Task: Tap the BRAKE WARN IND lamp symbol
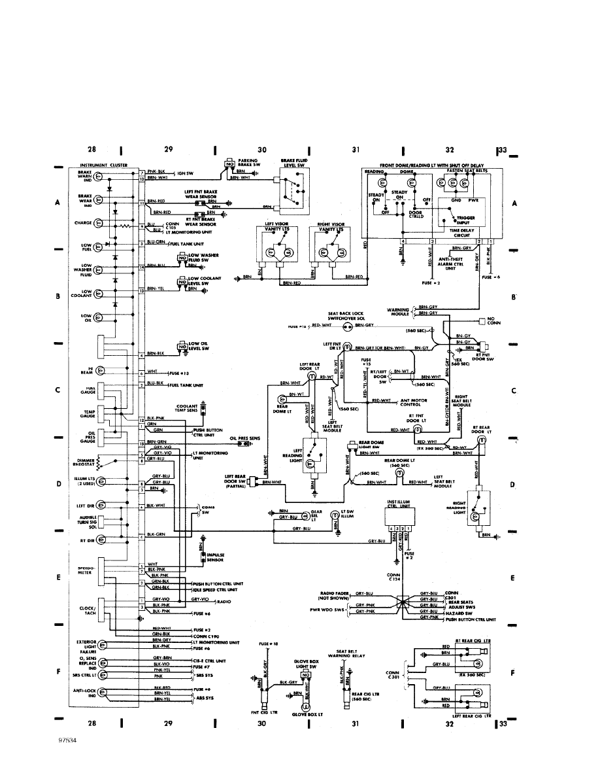(x=99, y=176)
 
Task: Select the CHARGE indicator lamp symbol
(x=99, y=223)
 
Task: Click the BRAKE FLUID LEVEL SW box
(x=294, y=190)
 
